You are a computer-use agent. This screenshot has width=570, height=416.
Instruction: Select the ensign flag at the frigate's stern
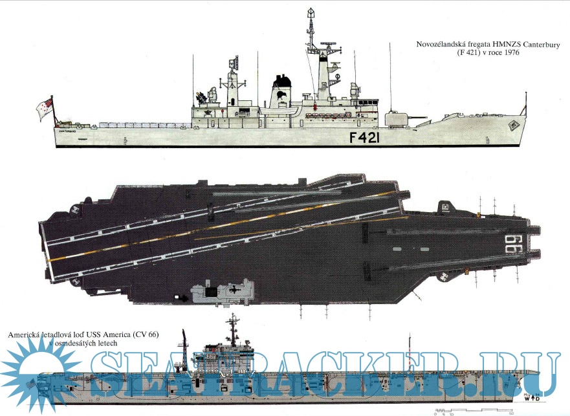click(45, 107)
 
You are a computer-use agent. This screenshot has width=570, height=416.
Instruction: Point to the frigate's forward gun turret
click(395, 118)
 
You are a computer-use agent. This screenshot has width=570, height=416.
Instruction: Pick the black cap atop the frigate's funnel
click(281, 82)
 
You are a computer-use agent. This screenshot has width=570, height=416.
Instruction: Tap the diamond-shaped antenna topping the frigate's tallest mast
click(311, 13)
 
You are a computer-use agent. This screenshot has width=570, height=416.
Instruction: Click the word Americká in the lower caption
click(25, 334)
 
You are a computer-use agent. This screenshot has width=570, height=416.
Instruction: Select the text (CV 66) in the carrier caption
click(144, 334)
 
